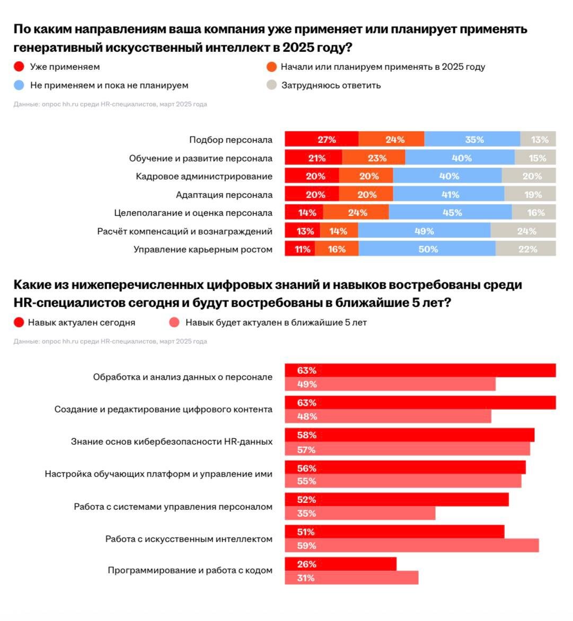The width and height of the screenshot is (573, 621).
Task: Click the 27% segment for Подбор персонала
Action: click(321, 140)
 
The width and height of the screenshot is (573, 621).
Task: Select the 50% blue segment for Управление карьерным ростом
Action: click(427, 249)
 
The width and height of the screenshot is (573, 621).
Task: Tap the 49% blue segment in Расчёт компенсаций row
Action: click(424, 231)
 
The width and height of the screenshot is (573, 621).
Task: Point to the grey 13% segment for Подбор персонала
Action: click(538, 140)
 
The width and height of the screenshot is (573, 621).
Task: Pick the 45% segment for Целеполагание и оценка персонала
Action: click(450, 213)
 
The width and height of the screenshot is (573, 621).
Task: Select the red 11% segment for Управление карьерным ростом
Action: click(300, 249)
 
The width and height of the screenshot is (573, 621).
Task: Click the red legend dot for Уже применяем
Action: click(19, 67)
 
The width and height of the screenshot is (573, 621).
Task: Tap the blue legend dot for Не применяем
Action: click(19, 85)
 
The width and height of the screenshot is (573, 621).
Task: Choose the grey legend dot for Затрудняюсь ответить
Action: click(272, 85)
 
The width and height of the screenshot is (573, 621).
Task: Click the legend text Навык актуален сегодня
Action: click(82, 322)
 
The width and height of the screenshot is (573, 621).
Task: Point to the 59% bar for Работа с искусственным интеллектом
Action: click(411, 546)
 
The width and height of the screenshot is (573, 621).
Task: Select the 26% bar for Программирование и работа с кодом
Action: click(340, 564)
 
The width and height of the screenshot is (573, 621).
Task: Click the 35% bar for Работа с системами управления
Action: click(360, 514)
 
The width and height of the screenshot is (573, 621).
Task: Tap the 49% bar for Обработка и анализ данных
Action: click(390, 384)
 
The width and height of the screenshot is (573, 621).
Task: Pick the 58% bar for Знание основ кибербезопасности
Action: click(409, 435)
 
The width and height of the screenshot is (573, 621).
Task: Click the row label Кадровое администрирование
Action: click(204, 176)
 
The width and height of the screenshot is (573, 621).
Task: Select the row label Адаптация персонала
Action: click(224, 195)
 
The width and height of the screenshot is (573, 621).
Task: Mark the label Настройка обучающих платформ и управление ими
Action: click(158, 474)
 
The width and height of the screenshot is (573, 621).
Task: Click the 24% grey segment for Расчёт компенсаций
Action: click(523, 231)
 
